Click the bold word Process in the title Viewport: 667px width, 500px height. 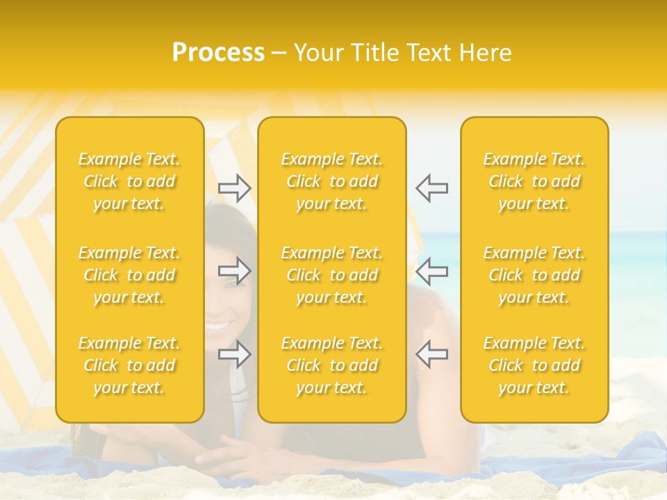[218, 53]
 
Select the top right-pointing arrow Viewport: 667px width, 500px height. [234, 187]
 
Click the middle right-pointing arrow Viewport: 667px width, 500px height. [234, 271]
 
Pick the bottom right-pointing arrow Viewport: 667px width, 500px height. [234, 353]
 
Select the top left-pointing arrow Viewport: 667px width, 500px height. [431, 187]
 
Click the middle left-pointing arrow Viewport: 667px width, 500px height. [431, 271]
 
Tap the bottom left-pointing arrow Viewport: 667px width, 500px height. [431, 353]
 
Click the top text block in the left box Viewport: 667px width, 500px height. [129, 181]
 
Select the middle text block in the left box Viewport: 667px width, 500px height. [129, 275]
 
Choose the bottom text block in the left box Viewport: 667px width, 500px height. [129, 365]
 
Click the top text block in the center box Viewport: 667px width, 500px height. [331, 181]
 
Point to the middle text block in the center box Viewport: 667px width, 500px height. [331, 275]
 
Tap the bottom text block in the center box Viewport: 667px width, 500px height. [331, 365]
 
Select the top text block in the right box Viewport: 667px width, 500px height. [534, 181]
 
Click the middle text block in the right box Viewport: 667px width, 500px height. [534, 275]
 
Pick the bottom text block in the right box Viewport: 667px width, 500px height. [534, 365]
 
